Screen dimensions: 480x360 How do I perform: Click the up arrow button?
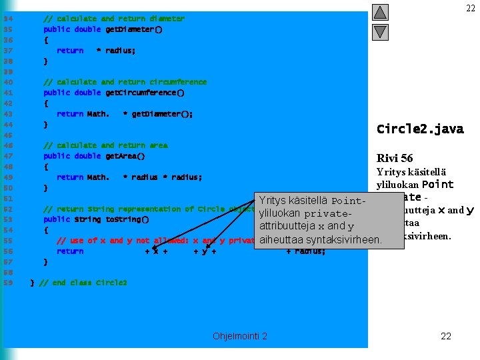380,13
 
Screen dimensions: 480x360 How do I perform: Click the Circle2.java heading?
420,129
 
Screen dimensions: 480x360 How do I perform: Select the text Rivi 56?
395,158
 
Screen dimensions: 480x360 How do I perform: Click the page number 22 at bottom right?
446,336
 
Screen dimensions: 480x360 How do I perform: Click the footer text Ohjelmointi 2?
240,336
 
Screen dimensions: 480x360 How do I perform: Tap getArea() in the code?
125,156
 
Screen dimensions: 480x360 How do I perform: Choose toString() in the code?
127,219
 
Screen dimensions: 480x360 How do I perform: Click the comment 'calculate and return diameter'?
114,19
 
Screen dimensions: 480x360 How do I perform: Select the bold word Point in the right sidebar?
438,185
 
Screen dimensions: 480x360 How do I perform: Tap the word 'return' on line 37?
70,51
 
